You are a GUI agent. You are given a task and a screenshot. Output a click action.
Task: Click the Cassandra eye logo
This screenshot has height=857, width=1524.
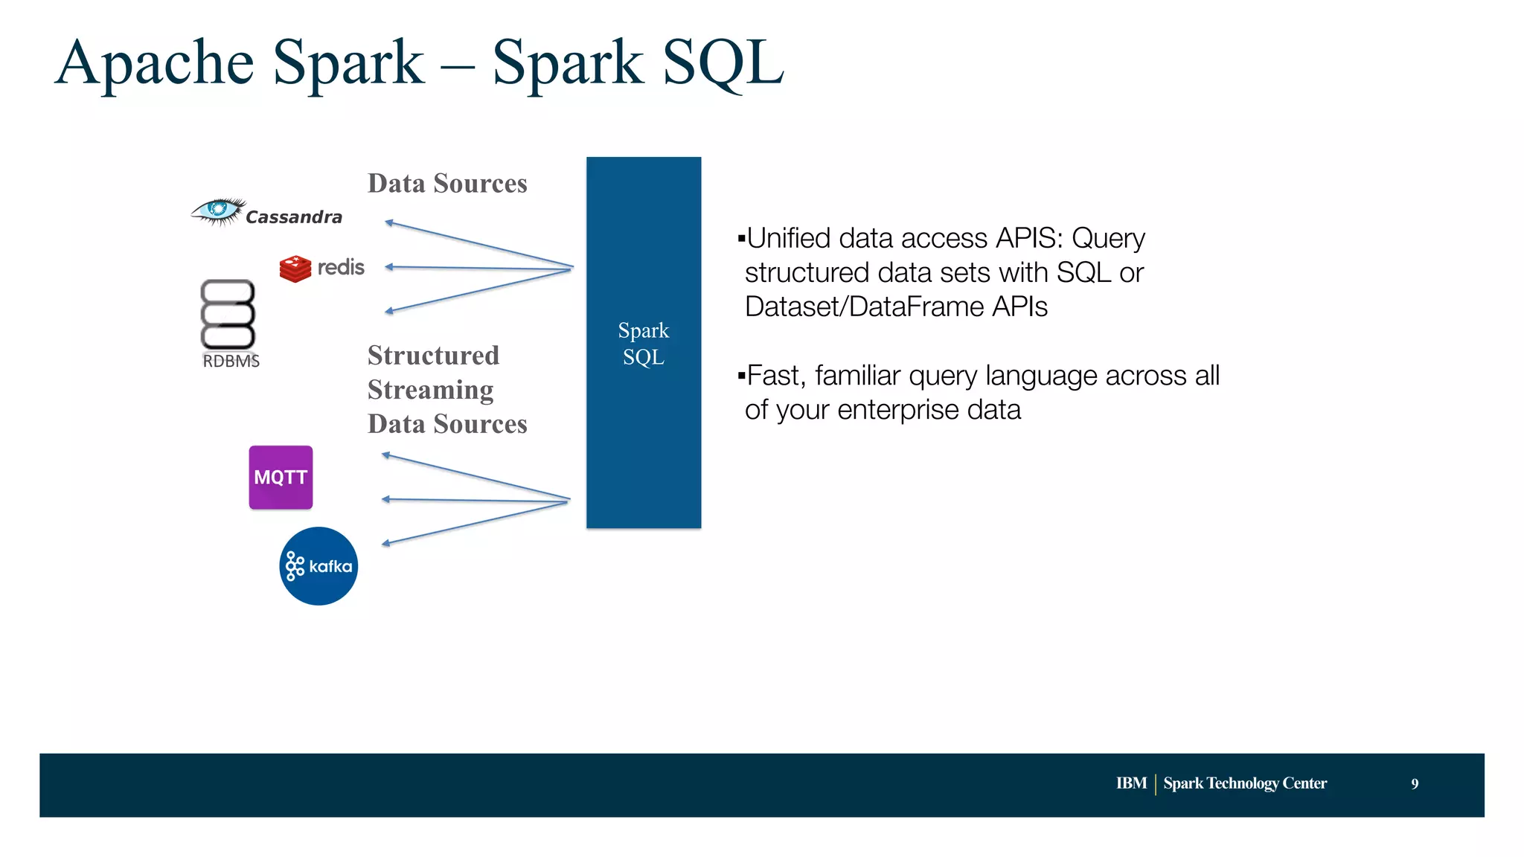tap(217, 211)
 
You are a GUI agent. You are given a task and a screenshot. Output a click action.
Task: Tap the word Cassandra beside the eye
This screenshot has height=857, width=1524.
tap(294, 217)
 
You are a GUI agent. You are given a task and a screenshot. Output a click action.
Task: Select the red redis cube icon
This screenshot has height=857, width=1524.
tap(295, 269)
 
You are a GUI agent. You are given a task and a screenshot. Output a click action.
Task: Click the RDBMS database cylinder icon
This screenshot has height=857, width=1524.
tap(228, 314)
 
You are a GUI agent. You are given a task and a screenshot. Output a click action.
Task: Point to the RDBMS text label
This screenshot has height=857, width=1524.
tap(231, 362)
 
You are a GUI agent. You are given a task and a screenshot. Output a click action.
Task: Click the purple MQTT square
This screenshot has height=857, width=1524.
tap(281, 478)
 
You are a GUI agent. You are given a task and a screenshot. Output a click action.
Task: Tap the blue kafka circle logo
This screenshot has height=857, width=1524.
tap(318, 566)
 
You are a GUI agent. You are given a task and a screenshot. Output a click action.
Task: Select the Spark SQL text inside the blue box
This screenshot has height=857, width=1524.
tap(644, 344)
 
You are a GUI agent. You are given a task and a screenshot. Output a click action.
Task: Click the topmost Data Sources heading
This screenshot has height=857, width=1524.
tap(447, 184)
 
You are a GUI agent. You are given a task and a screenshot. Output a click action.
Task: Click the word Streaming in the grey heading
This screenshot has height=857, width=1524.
tap(430, 390)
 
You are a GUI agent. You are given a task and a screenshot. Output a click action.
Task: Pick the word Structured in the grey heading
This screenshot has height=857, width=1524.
tap(433, 356)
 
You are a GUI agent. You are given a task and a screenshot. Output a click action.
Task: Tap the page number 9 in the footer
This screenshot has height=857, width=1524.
tap(1415, 783)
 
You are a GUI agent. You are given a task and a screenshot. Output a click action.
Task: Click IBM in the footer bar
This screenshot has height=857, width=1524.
tap(1131, 783)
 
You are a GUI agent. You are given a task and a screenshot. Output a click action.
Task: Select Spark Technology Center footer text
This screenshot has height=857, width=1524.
tap(1245, 783)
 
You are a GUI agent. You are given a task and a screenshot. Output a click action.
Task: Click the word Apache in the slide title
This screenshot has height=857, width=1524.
tap(155, 63)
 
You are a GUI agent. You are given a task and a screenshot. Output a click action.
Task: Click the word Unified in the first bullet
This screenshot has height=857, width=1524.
tap(788, 239)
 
